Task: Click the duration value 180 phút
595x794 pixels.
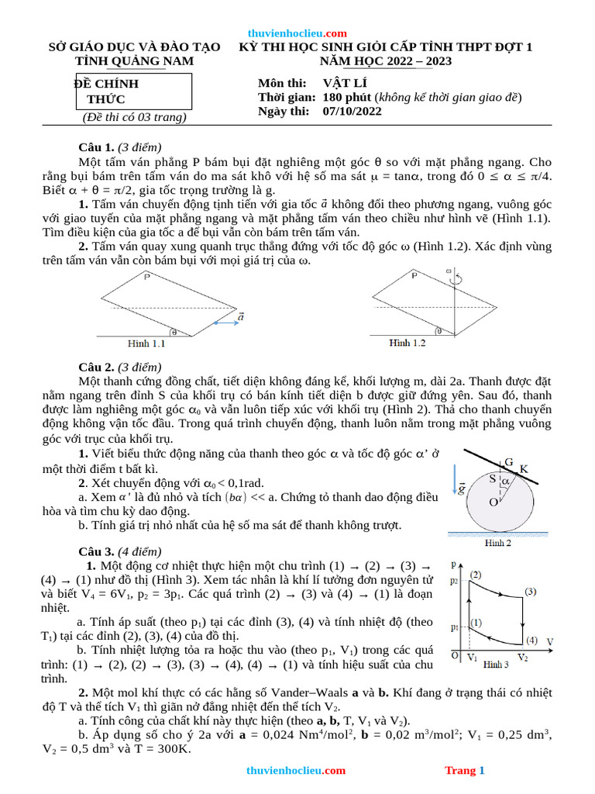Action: click(343, 97)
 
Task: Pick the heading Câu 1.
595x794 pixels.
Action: click(96, 147)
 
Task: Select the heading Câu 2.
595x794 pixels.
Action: click(96, 367)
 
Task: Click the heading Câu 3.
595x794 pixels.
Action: click(96, 551)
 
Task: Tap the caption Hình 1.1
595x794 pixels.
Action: click(147, 343)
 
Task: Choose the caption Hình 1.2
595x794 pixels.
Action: click(408, 343)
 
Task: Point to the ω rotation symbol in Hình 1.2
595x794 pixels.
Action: click(449, 272)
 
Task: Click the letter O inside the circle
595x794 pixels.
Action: click(492, 502)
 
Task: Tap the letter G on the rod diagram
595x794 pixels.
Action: click(508, 462)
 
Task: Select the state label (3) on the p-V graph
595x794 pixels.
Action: click(530, 592)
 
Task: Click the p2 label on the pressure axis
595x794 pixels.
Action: click(454, 580)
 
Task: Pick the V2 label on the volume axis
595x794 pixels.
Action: click(522, 658)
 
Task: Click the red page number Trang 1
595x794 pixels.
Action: click(464, 770)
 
